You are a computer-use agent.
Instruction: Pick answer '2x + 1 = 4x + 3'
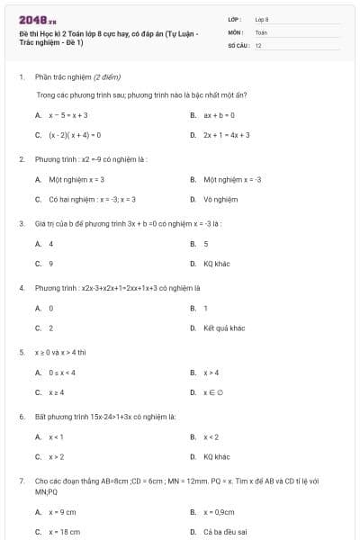[x=226, y=135]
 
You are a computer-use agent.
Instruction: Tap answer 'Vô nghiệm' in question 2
[x=220, y=199]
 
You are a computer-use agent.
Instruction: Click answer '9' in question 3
[x=50, y=264]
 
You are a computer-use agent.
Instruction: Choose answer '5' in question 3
[x=206, y=244]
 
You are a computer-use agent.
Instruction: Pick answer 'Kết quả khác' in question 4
[x=224, y=328]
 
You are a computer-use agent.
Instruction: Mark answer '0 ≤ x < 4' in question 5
[x=62, y=373]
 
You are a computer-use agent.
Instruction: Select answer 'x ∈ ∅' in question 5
[x=212, y=392]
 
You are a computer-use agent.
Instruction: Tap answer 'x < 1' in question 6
[x=56, y=437]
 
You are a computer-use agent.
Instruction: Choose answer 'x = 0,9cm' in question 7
[x=220, y=512]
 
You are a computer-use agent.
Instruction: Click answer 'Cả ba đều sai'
[x=224, y=532]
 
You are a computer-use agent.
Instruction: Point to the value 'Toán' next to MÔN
[x=262, y=31]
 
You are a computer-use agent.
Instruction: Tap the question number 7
[x=22, y=481]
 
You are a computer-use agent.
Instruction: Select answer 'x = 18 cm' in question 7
[x=64, y=532]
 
